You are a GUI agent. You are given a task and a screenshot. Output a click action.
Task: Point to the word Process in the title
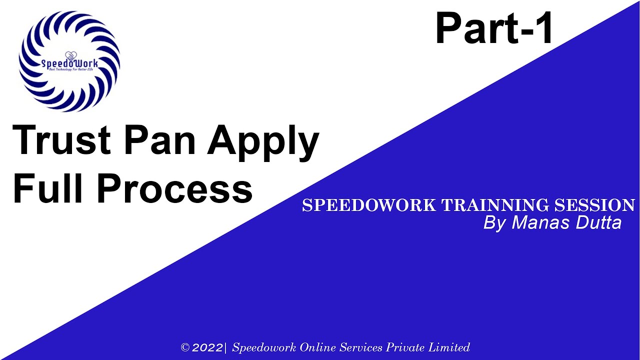(x=174, y=188)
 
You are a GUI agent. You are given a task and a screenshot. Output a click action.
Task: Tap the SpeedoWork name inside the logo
(x=69, y=63)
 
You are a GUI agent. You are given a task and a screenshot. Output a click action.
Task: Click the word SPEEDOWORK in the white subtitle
(x=369, y=205)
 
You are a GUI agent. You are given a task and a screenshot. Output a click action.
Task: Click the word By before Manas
(x=495, y=223)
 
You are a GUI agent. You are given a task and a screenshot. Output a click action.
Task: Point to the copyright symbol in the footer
(x=185, y=347)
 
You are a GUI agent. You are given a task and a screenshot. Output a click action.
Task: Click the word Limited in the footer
(x=451, y=347)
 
